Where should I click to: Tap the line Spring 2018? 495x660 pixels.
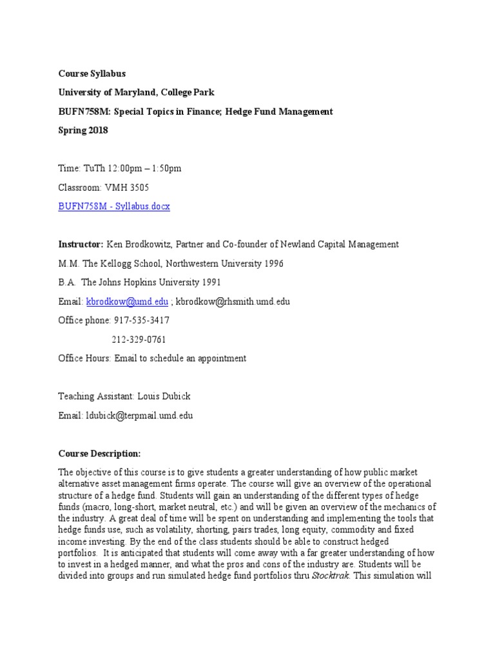83,130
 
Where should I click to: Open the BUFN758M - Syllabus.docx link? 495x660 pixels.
114,206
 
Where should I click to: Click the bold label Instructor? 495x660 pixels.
81,244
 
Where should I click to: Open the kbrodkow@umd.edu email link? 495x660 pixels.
127,301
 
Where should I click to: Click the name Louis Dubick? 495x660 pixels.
165,396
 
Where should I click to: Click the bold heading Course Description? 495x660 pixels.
99,453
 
